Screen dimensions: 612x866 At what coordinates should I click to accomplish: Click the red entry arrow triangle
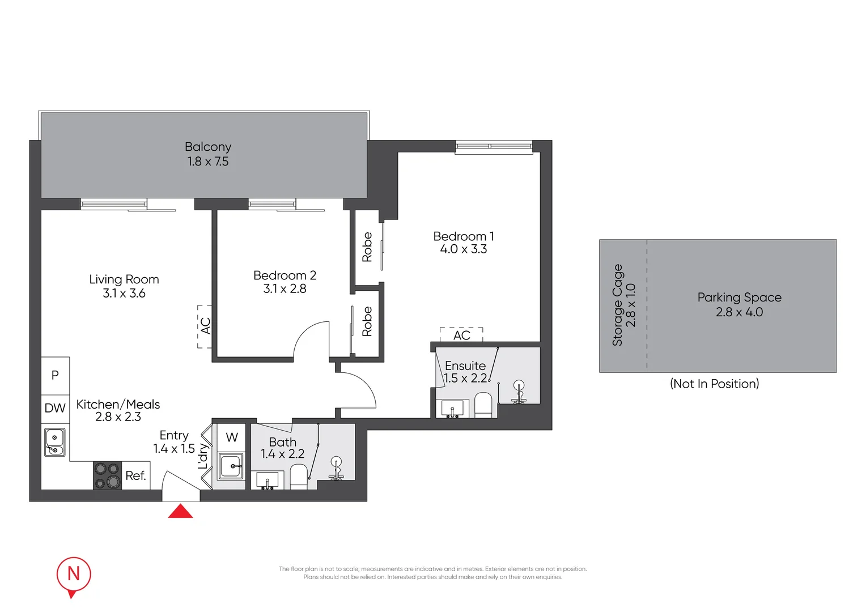(x=180, y=512)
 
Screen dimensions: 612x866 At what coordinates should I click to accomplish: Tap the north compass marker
(x=74, y=575)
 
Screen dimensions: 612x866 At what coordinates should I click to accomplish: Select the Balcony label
(x=208, y=147)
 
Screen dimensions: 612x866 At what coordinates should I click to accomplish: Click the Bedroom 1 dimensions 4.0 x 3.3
(x=463, y=249)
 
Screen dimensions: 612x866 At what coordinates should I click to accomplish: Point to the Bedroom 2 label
(x=285, y=275)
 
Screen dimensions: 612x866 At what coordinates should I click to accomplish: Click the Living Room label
(x=124, y=279)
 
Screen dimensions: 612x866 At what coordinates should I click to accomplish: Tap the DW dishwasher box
(x=55, y=409)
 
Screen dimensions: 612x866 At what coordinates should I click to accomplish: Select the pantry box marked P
(x=55, y=375)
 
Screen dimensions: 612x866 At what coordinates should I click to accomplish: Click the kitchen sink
(x=55, y=442)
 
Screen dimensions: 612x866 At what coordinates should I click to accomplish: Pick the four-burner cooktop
(x=107, y=475)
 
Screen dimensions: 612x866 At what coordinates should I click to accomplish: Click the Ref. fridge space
(x=136, y=476)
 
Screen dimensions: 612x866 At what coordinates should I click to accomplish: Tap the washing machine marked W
(x=232, y=437)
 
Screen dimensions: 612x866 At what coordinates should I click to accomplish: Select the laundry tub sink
(x=231, y=466)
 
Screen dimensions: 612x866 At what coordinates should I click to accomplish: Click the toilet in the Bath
(x=299, y=477)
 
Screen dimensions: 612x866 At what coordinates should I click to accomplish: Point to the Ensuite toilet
(x=483, y=406)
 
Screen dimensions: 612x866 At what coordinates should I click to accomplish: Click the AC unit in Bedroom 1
(x=461, y=335)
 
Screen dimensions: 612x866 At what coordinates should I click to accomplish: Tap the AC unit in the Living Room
(x=205, y=326)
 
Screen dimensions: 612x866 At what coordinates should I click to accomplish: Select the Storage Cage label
(x=617, y=305)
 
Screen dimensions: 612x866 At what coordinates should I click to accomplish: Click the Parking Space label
(x=739, y=297)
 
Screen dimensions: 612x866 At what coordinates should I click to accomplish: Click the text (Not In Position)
(x=714, y=384)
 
